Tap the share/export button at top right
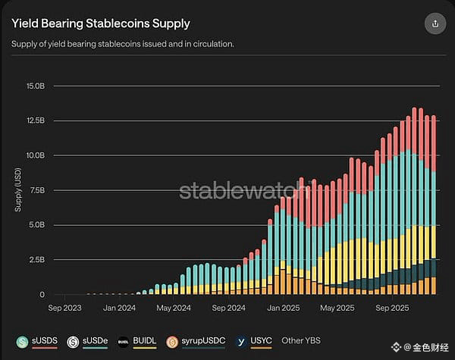[x=435, y=23]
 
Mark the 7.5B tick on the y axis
[x=36, y=190]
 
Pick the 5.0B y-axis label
[x=36, y=225]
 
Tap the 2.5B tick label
[x=36, y=260]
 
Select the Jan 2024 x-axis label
[x=120, y=308]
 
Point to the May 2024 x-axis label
[x=173, y=308]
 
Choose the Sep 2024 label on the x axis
[x=229, y=308]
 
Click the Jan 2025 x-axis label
[x=283, y=308]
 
